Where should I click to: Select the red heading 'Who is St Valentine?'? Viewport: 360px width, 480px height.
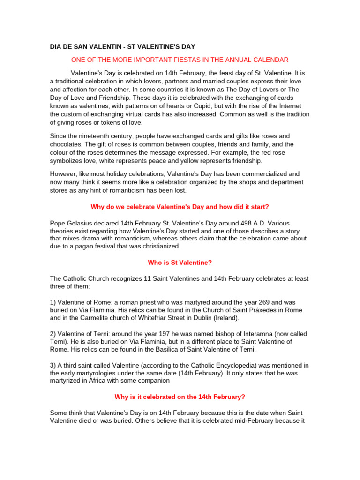(x=180, y=262)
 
